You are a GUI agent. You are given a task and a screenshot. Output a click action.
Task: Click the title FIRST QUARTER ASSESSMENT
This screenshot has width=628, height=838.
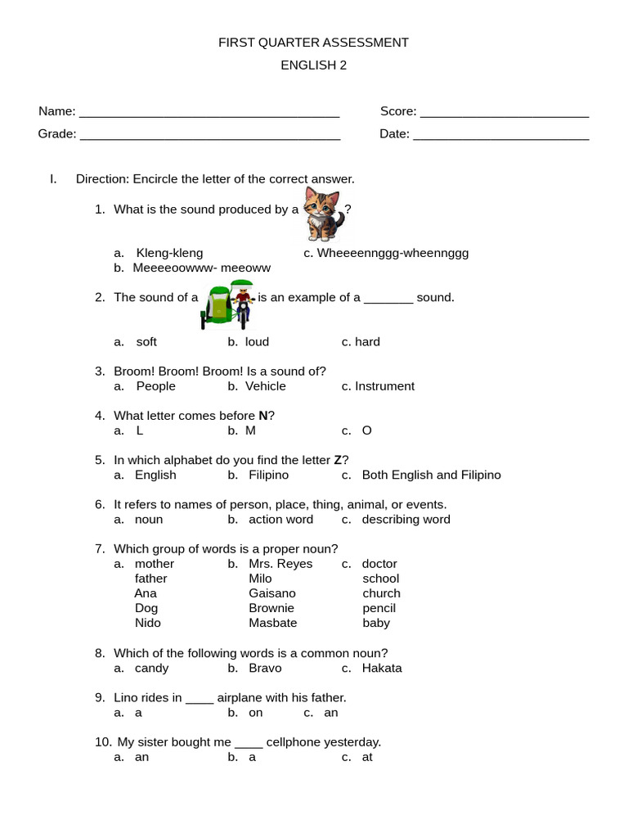click(313, 43)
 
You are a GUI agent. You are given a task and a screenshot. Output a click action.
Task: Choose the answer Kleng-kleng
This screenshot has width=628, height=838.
click(169, 253)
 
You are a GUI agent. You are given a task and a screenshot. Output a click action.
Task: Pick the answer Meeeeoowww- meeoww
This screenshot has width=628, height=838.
click(201, 268)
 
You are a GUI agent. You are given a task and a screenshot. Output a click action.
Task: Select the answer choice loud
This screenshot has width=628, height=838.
click(257, 342)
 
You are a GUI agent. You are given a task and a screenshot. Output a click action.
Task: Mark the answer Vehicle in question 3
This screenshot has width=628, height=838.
click(266, 386)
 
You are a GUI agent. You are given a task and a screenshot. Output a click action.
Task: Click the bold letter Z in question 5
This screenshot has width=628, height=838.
click(338, 460)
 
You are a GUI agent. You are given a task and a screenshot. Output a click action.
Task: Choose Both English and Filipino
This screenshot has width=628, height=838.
click(431, 475)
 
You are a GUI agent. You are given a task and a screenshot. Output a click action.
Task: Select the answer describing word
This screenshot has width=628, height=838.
click(406, 520)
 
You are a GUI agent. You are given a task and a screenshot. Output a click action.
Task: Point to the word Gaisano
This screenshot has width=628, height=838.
click(272, 593)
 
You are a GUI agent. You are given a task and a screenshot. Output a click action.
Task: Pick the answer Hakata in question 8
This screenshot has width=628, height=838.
click(382, 668)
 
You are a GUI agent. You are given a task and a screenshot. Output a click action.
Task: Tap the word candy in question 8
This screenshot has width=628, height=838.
click(151, 668)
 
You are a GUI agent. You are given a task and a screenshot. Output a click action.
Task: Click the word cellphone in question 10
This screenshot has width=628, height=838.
click(293, 742)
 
